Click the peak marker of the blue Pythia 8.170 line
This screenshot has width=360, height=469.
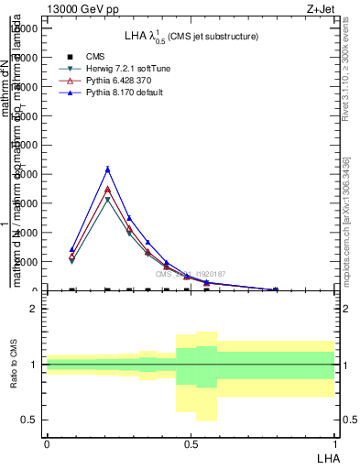[108, 169]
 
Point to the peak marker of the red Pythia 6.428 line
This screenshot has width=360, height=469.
[108, 190]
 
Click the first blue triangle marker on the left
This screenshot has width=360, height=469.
[71, 249]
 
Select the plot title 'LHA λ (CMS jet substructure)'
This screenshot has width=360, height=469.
[191, 36]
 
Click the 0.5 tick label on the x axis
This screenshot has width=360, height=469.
[191, 444]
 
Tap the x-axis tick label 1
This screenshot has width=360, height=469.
[334, 444]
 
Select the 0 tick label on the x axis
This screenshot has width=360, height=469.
[47, 444]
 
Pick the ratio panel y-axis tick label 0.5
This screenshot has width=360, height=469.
[28, 420]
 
